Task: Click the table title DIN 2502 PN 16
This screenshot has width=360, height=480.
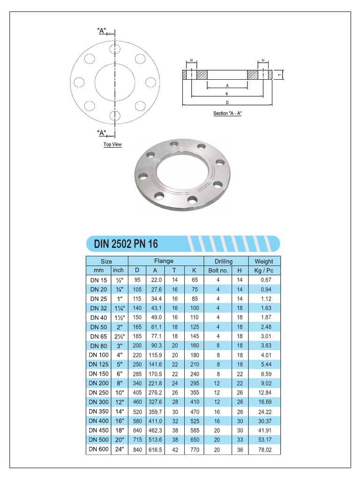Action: pyautogui.click(x=126, y=244)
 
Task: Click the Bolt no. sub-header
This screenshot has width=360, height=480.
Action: pyautogui.click(x=218, y=270)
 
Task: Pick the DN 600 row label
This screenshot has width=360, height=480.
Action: pyautogui.click(x=98, y=449)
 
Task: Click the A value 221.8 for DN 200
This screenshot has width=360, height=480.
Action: pyautogui.click(x=155, y=383)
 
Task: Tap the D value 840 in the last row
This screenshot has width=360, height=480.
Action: pyautogui.click(x=137, y=449)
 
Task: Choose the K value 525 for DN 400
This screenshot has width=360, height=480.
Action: pyautogui.click(x=194, y=421)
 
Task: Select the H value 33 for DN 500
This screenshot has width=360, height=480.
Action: pyautogui.click(x=240, y=440)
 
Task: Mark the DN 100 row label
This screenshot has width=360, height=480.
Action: pyautogui.click(x=98, y=355)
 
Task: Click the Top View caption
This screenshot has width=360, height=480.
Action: pyautogui.click(x=112, y=144)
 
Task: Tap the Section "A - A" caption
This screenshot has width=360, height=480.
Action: pyautogui.click(x=227, y=113)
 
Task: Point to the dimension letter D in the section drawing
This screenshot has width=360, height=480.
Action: pyautogui.click(x=227, y=102)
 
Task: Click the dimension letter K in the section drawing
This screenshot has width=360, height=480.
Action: pyautogui.click(x=227, y=94)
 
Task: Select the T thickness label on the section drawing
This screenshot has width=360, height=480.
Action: pyautogui.click(x=279, y=75)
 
